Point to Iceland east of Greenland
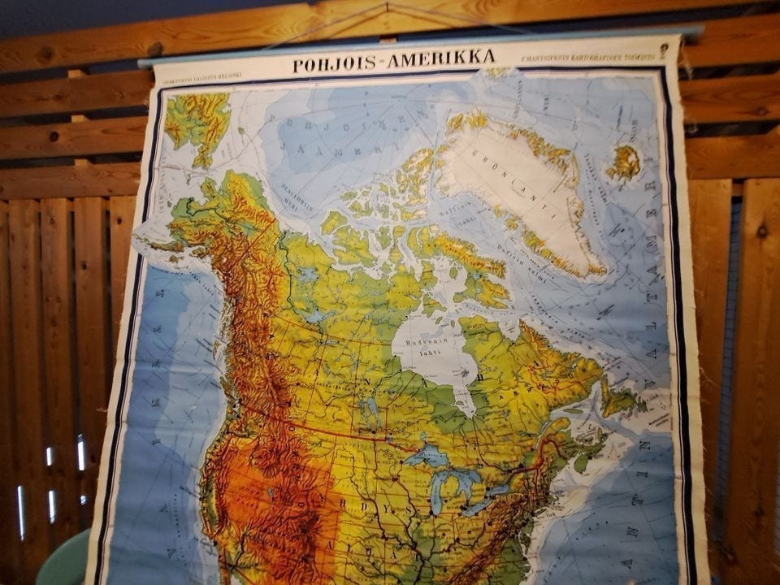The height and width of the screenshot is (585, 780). coord(623,162)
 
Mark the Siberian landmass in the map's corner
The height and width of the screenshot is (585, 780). coord(195,122)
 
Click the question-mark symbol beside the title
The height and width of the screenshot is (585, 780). coord(664,50)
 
